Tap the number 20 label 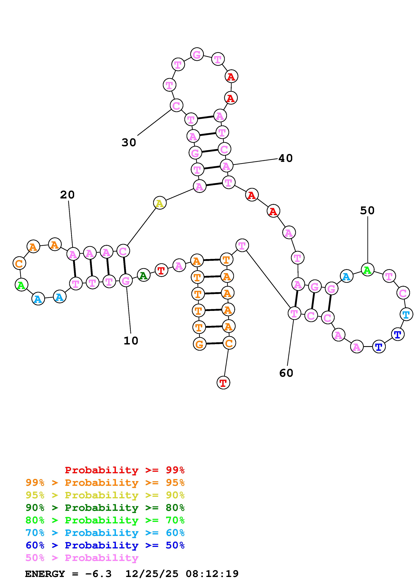click(x=67, y=195)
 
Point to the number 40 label click(x=285, y=158)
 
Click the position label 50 click(x=367, y=210)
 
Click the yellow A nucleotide click(x=160, y=203)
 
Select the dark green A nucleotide click(x=143, y=275)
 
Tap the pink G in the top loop click(x=197, y=54)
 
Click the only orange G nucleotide click(x=199, y=344)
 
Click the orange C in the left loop click(x=19, y=263)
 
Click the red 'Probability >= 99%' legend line click(x=125, y=470)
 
